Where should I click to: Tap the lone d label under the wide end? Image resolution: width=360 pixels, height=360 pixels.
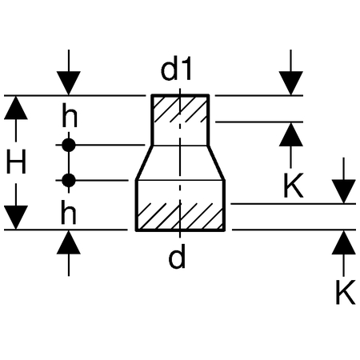[x=177, y=257]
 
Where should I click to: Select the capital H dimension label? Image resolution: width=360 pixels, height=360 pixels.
[x=16, y=162]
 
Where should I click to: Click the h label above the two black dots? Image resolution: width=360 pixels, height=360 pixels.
[x=70, y=115]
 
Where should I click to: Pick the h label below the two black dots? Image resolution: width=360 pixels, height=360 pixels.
[x=69, y=212]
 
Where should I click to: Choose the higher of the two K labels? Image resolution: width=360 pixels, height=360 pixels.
[x=294, y=185]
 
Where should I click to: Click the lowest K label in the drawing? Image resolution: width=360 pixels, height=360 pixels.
[x=346, y=292]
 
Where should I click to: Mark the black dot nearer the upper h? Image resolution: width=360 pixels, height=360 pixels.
[x=69, y=145]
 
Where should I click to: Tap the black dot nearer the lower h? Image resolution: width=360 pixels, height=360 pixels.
[x=69, y=181]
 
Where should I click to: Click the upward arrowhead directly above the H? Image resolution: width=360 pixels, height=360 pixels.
[x=16, y=107]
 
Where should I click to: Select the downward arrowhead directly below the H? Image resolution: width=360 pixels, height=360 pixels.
[x=16, y=218]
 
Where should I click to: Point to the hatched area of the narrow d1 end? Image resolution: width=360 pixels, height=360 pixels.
[x=180, y=109]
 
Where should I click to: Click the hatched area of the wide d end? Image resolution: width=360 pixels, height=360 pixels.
[x=180, y=216]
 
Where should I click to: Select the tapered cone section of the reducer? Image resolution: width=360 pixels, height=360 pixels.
[x=180, y=163]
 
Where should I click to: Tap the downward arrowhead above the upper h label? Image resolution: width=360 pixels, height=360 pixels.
[x=69, y=83]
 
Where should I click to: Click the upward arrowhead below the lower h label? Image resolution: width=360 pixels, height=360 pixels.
[x=69, y=242]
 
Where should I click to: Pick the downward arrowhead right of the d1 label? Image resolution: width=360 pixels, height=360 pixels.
[x=291, y=83]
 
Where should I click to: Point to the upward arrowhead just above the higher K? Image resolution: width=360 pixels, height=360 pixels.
[x=291, y=134]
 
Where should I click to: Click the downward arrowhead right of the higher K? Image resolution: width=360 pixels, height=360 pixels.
[x=344, y=191]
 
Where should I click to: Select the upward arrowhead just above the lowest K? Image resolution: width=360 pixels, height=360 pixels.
[x=344, y=242]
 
